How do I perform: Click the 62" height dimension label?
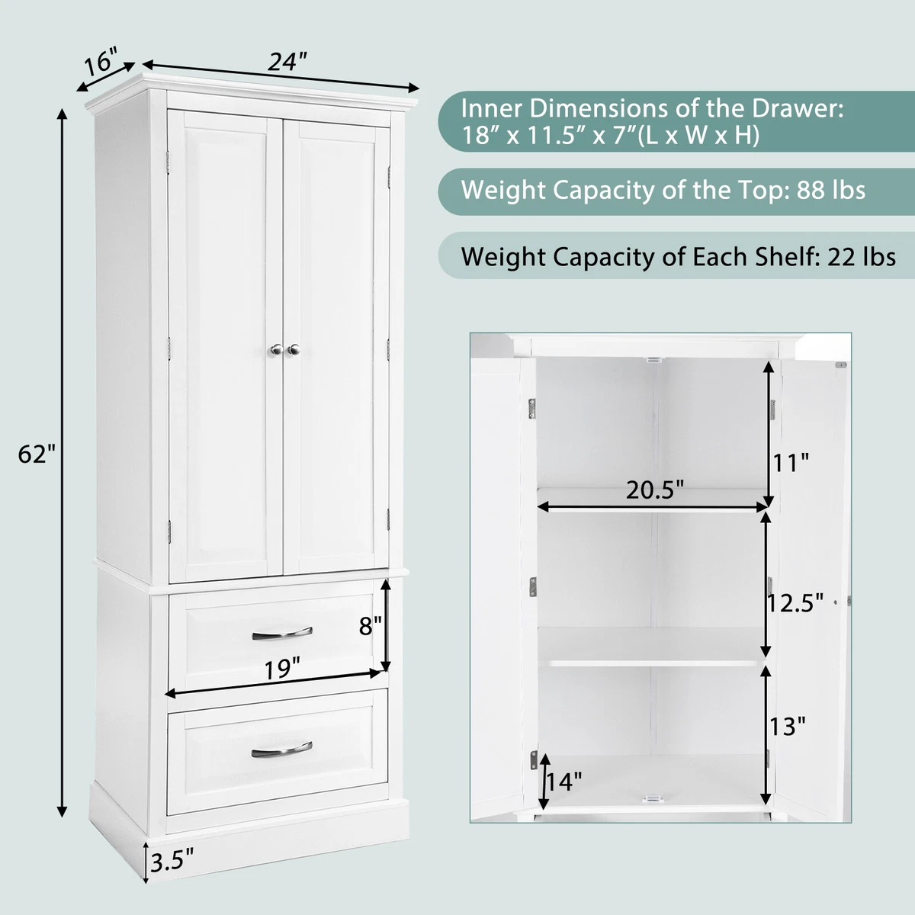click(x=37, y=455)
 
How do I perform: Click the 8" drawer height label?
click(x=371, y=626)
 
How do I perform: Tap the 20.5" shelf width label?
click(x=653, y=489)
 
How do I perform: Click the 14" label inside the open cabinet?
click(x=565, y=781)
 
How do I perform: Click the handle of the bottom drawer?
click(x=282, y=747)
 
